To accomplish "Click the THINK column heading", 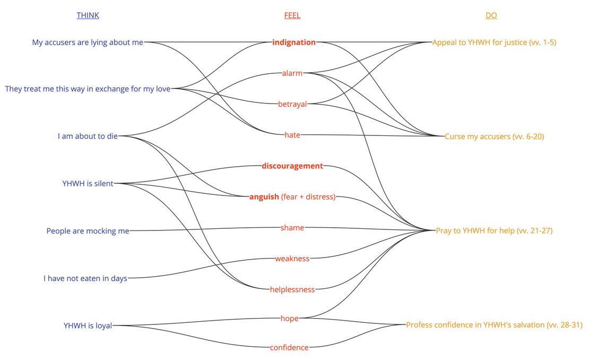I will (x=88, y=15).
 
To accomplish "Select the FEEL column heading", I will (x=292, y=15).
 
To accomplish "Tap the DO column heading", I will (x=491, y=15).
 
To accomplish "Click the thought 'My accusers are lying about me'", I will (x=88, y=42).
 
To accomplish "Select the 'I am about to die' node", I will (x=88, y=136).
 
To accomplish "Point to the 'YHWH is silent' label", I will (x=88, y=184).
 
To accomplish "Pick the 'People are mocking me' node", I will (x=88, y=231).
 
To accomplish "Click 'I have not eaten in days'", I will (x=85, y=278).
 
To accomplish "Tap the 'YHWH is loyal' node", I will (x=88, y=325).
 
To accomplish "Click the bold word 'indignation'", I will (x=294, y=42).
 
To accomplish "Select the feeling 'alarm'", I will (x=292, y=73).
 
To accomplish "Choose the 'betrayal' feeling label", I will (x=292, y=104).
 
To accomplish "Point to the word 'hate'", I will (x=292, y=135).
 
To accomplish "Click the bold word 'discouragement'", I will (x=292, y=166).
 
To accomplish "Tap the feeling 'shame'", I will (x=292, y=228).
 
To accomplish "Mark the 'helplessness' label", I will (x=292, y=289).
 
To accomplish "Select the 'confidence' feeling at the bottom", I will (x=289, y=348).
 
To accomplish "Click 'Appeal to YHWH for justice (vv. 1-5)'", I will (x=494, y=42).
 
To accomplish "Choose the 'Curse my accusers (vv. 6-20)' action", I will (x=494, y=136).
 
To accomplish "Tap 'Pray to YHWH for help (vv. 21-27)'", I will (x=494, y=231).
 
